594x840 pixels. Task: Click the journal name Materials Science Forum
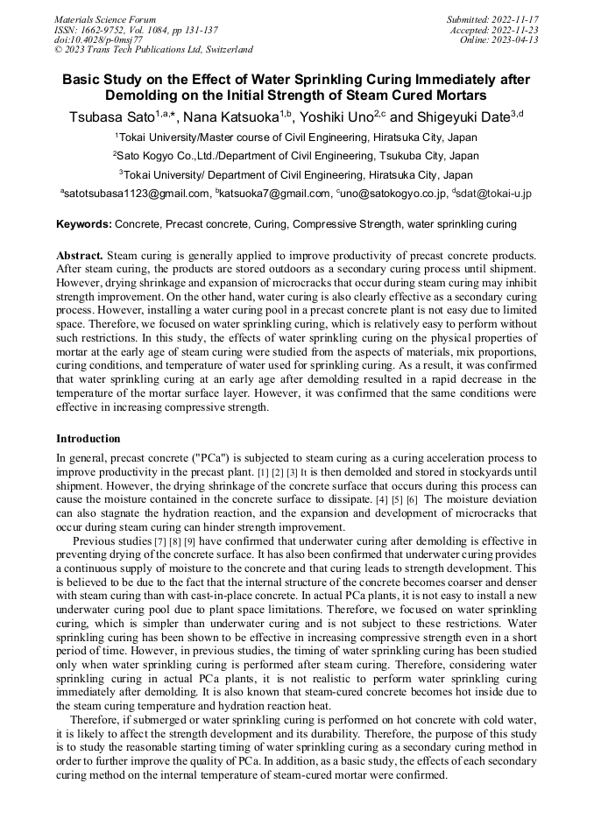coord(105,18)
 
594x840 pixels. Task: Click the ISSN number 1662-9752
coord(105,29)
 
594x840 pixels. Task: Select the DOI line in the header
coord(98,39)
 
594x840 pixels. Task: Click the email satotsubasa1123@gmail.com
coord(138,194)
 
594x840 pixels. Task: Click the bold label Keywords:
coord(84,225)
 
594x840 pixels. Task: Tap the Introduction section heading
coord(88,438)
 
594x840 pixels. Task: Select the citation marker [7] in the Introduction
coord(160,541)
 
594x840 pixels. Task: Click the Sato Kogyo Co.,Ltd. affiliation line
coord(296,156)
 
